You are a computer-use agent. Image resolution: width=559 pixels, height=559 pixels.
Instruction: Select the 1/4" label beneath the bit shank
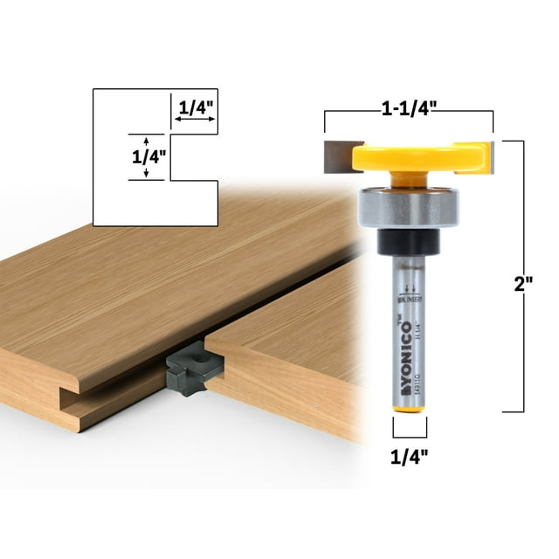410,455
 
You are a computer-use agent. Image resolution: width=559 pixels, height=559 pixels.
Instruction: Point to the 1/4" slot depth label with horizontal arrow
196,110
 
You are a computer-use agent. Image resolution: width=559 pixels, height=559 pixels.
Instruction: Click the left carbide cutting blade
339,155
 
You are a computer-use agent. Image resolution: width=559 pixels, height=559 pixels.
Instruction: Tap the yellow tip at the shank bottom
408,407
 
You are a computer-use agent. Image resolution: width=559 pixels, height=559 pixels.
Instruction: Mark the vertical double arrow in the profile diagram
147,157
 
